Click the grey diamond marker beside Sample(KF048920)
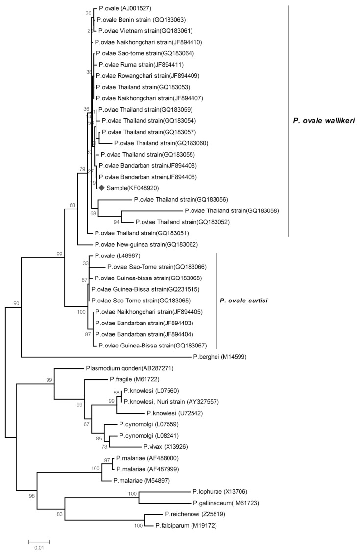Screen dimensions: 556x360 (x=101, y=188)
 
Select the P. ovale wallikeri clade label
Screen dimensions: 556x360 (x=321, y=120)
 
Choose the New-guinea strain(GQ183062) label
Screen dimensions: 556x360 (x=142, y=244)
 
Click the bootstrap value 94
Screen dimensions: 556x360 (x=117, y=222)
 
